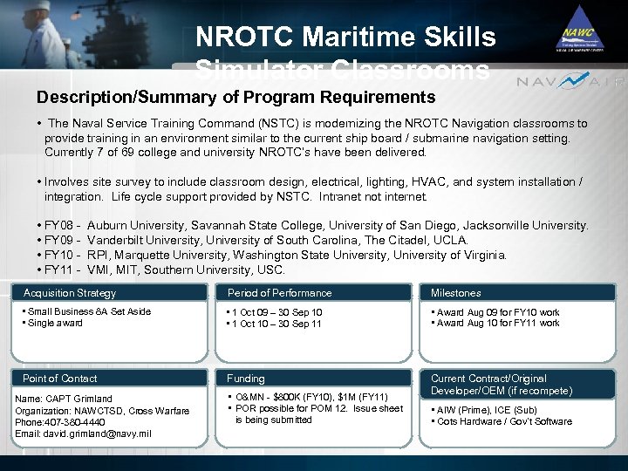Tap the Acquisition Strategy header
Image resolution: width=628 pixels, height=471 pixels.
(x=70, y=293)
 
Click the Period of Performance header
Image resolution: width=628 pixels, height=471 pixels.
(x=279, y=293)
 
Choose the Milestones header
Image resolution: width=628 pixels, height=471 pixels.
(x=456, y=293)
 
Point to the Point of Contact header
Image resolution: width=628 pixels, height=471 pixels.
(x=60, y=379)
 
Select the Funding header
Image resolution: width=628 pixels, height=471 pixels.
(x=246, y=379)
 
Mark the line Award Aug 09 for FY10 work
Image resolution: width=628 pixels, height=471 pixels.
(x=498, y=312)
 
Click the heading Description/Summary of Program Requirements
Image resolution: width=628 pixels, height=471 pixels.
(x=235, y=97)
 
